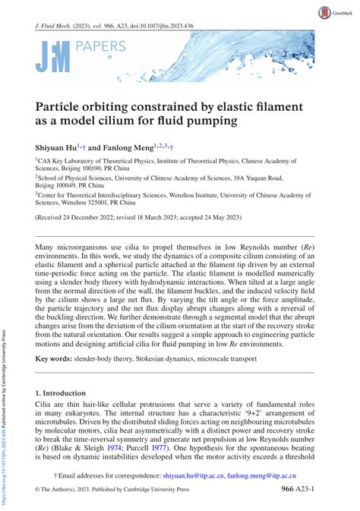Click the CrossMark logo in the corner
[x=338, y=12]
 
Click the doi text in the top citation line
[x=143, y=25]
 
